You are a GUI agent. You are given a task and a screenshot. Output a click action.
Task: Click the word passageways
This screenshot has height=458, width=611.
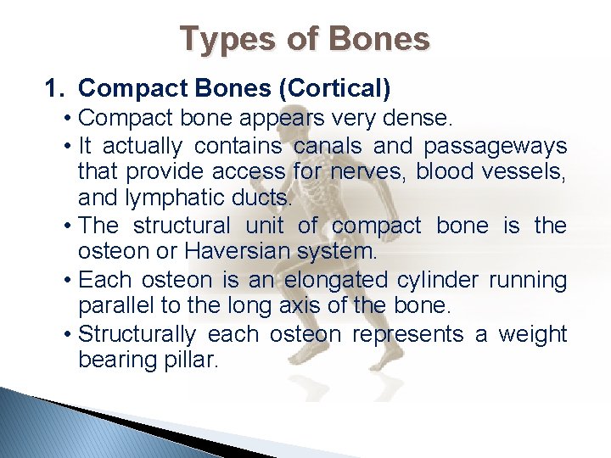495,146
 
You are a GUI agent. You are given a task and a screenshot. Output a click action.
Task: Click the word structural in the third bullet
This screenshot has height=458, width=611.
181,226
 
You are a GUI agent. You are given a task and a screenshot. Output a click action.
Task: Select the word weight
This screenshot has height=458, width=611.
532,333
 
